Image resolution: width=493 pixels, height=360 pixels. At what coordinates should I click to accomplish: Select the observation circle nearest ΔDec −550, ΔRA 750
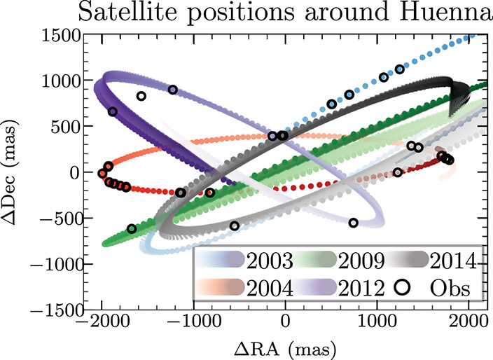[x=354, y=223]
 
